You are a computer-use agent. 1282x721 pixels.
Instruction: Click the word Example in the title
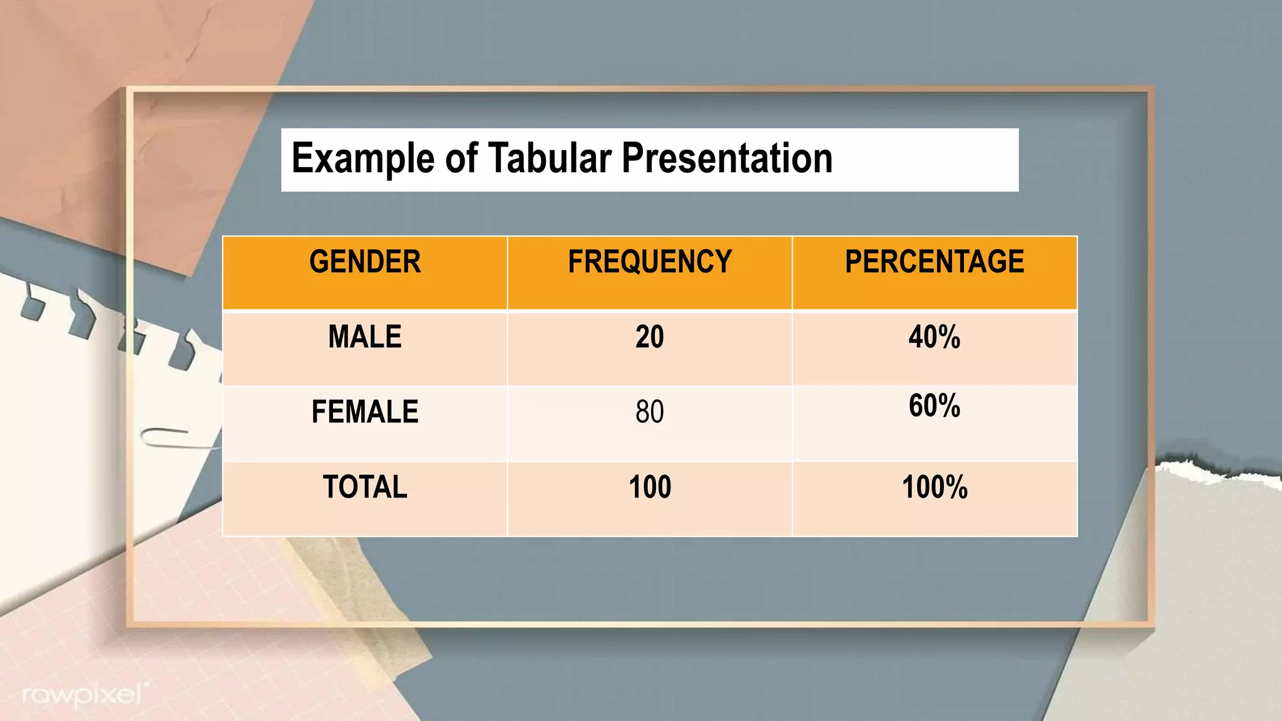362,158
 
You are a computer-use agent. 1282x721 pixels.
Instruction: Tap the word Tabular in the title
549,158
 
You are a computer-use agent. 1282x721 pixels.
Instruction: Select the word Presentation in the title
727,158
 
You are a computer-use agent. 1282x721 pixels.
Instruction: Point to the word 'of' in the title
461,158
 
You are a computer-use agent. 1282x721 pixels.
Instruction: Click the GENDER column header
365,262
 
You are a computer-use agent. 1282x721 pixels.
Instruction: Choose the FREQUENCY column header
650,262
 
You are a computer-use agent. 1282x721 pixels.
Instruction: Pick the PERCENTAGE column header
935,262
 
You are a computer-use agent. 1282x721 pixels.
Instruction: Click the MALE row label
365,337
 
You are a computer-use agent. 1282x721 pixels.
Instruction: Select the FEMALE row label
365,412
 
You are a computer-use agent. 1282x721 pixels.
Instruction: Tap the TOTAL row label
365,487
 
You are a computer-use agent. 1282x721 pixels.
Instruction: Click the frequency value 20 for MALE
650,337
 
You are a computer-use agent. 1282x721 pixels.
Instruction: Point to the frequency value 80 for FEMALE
650,412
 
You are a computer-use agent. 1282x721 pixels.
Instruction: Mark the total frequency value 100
650,487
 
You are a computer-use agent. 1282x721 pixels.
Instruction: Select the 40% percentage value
935,337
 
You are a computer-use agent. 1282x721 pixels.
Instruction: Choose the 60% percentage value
935,406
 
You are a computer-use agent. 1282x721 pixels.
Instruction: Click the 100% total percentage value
935,487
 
